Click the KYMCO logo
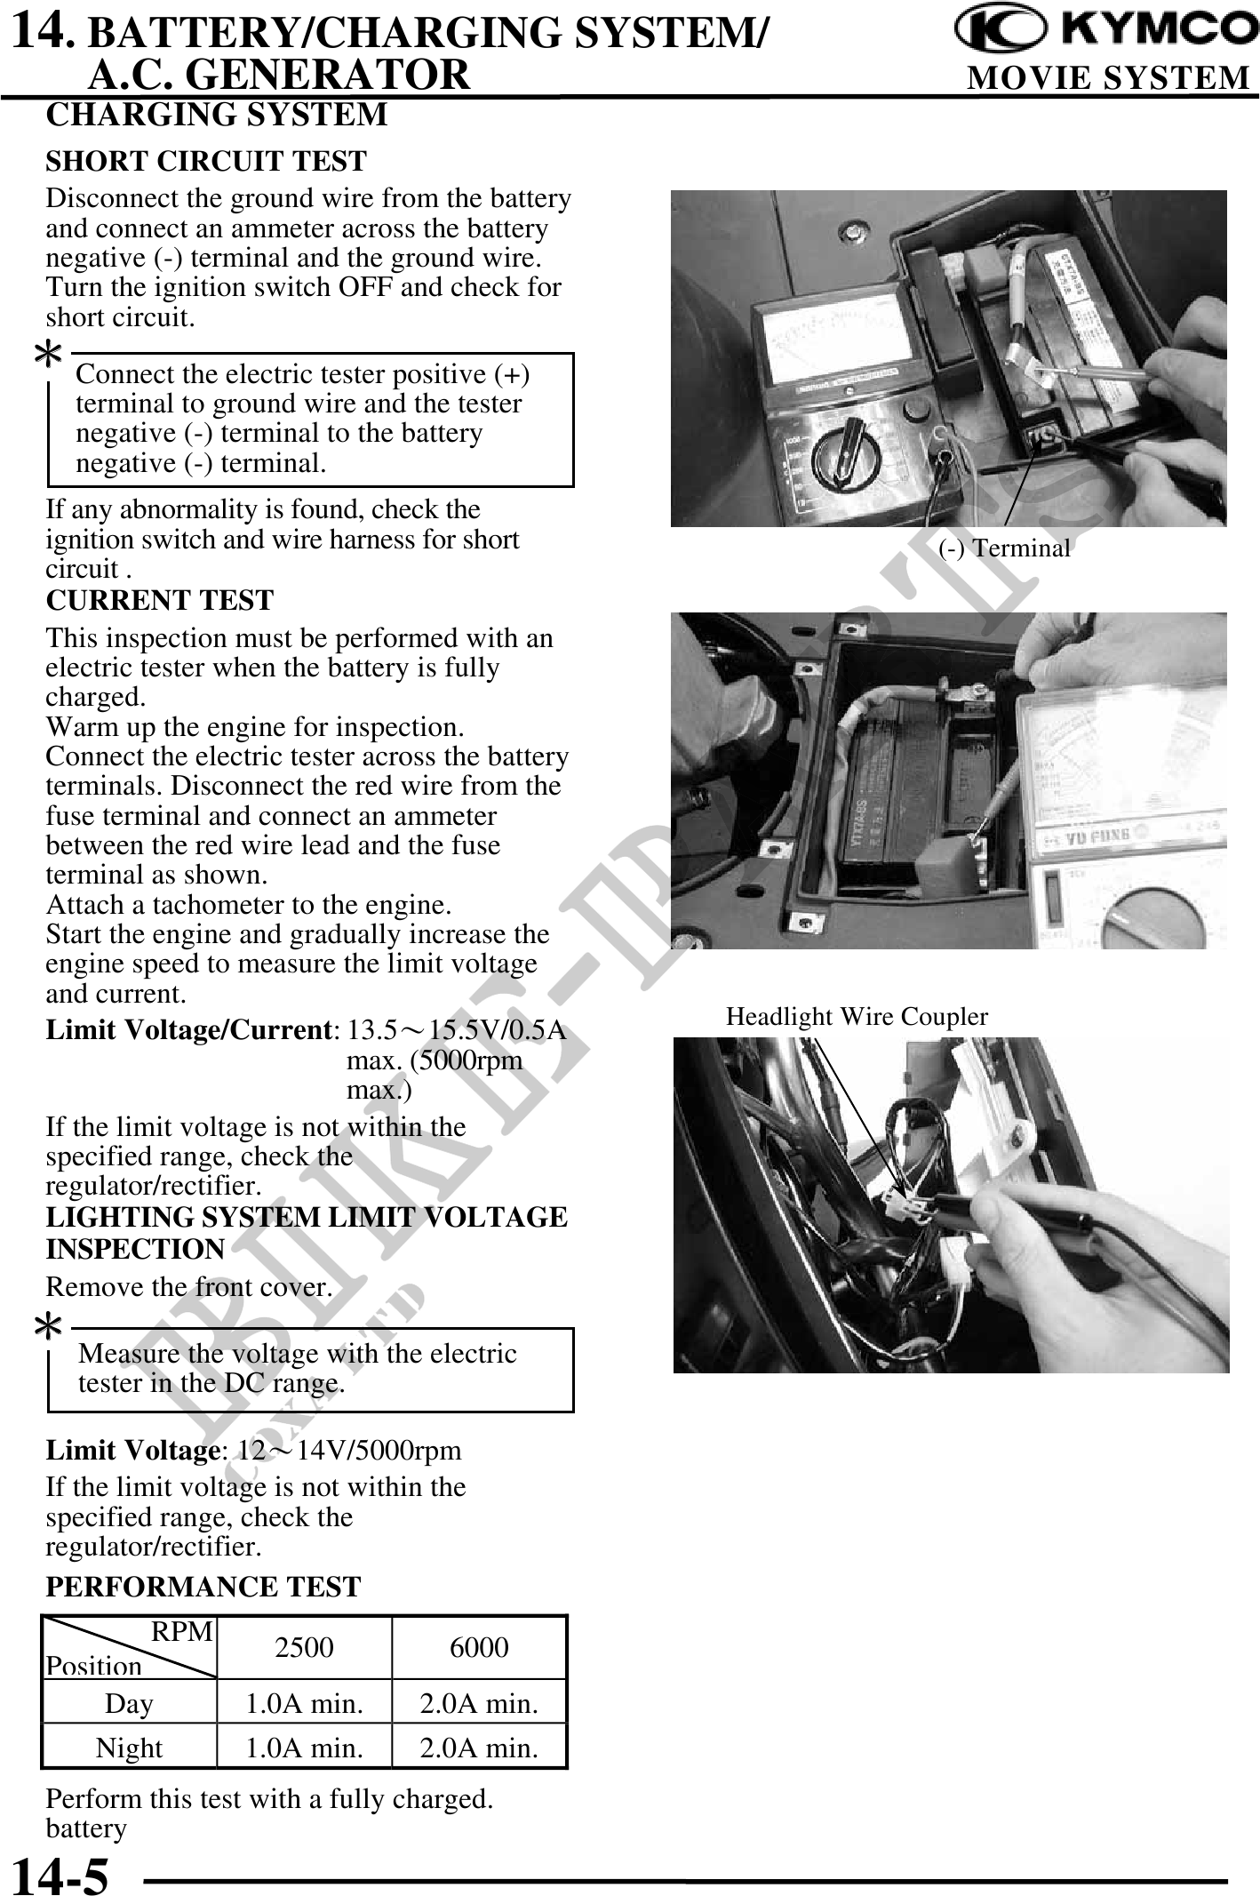point(1105,30)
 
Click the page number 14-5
point(60,1874)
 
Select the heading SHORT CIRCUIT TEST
point(206,161)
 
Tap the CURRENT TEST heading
point(160,600)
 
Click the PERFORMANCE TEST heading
point(203,1587)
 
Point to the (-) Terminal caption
point(1004,548)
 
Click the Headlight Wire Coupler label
point(857,1016)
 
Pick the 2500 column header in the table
point(304,1647)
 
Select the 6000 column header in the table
point(479,1647)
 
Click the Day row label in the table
point(129,1704)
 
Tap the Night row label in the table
point(129,1748)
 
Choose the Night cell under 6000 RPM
point(479,1748)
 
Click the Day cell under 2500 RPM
point(304,1704)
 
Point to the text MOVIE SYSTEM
point(1108,78)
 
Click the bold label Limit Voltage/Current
point(189,1030)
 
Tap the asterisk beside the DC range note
point(48,1329)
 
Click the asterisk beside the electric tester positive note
point(48,355)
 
